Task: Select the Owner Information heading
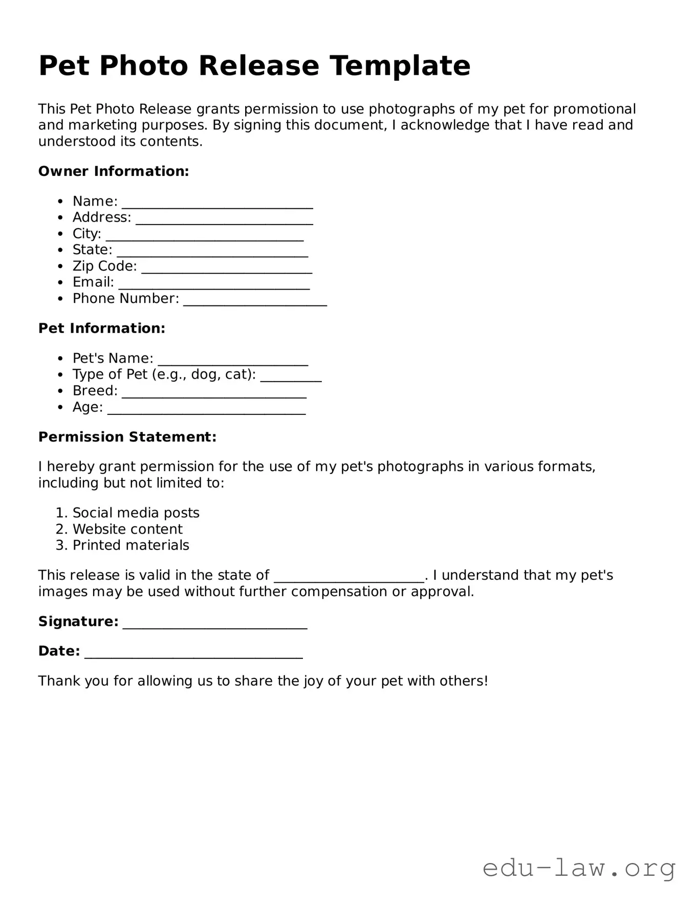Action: [x=114, y=171]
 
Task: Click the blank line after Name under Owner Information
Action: [x=217, y=204]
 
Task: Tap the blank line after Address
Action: [x=224, y=220]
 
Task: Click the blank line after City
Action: [x=205, y=236]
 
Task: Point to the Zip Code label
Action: [x=104, y=266]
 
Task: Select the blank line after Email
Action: [x=214, y=285]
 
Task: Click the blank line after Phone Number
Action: [x=255, y=301]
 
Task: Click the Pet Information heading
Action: [x=102, y=328]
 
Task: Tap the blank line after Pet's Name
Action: [x=233, y=361]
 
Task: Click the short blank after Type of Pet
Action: [x=291, y=378]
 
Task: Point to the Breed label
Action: [x=95, y=391]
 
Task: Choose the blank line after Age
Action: [x=206, y=410]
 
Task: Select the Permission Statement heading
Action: [x=127, y=437]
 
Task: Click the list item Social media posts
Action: [x=136, y=513]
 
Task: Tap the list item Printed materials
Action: [x=130, y=545]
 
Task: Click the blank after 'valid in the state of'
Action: [x=349, y=578]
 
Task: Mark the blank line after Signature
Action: [x=215, y=624]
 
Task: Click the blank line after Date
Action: [x=193, y=654]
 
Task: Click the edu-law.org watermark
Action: [x=579, y=869]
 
